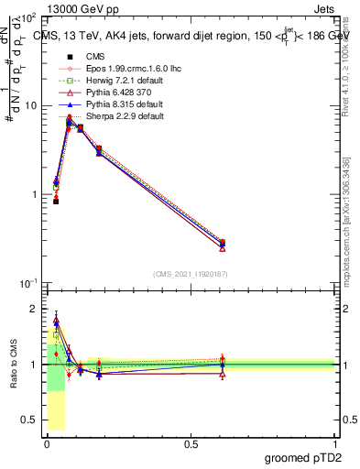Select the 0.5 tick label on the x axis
(191, 443)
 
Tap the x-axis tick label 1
(334, 443)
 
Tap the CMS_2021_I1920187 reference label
(190, 274)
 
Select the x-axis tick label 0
(47, 443)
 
